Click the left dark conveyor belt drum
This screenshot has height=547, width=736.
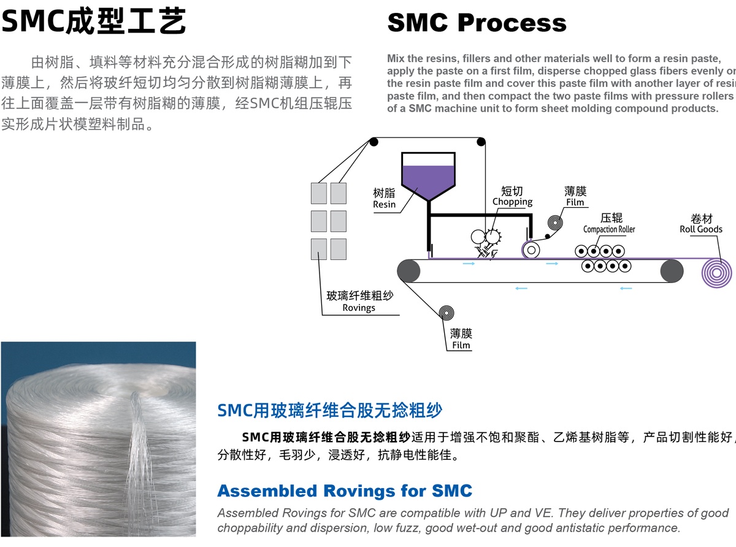(x=408, y=270)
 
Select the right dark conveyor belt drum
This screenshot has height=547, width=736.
(x=672, y=270)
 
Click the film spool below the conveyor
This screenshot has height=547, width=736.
(x=447, y=313)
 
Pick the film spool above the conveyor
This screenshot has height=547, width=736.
(x=556, y=224)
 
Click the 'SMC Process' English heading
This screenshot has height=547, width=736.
(x=477, y=23)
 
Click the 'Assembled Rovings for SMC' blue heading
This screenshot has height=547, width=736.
(x=345, y=491)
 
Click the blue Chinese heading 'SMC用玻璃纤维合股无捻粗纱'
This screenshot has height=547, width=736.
(x=330, y=410)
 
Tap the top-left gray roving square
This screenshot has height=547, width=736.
(x=319, y=193)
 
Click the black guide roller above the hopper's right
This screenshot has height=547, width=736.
(x=481, y=142)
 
